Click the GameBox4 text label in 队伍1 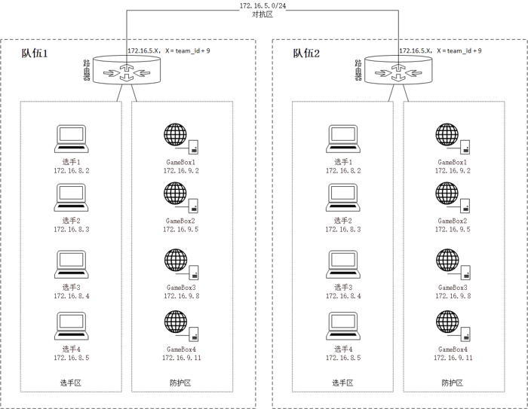pos(180,349)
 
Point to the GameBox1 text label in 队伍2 pos(453,161)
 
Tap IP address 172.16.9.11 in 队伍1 pos(181,359)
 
